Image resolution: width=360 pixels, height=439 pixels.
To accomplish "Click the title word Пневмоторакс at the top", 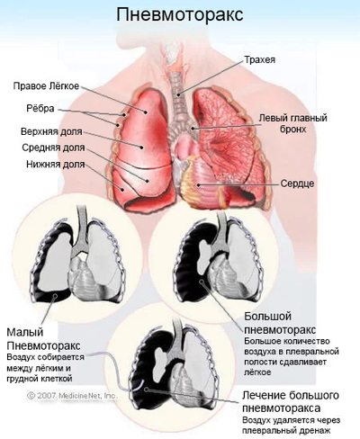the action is pos(180,14).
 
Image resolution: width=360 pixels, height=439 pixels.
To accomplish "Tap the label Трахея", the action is pos(260,59).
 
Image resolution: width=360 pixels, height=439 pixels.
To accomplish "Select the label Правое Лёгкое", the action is pos(46,86).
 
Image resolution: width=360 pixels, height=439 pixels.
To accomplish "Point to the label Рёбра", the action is pos(40,108).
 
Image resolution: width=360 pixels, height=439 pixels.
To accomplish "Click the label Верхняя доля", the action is pos(51,131).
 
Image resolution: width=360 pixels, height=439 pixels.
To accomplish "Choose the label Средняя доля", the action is pos(53,148).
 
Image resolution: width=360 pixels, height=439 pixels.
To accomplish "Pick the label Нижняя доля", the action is pos(56,165).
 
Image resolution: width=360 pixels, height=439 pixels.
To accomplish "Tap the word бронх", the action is pos(293,130).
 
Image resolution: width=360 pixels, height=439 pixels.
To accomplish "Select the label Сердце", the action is pos(297,184).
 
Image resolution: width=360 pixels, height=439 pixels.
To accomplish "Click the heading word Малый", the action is pos(25,332).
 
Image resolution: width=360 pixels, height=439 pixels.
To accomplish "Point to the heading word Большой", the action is pos(264,316).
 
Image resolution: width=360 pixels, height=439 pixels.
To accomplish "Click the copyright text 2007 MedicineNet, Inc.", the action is pos(72,396).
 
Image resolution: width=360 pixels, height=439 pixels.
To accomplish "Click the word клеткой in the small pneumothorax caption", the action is pos(57,379).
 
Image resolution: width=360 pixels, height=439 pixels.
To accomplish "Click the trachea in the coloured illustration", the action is pos(177,90).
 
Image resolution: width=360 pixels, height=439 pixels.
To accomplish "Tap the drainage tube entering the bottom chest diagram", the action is pos(115,367).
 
